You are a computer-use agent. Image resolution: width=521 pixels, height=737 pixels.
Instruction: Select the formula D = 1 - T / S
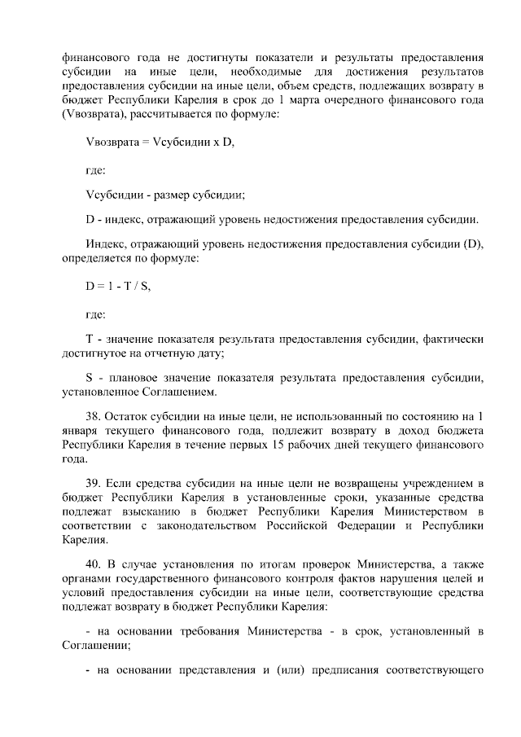point(118,286)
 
